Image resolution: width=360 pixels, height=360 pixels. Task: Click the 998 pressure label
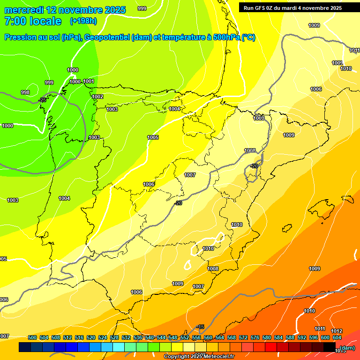pyautogui.click(x=25, y=92)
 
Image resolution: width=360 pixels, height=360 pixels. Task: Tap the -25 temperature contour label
pyautogui.click(x=43, y=100)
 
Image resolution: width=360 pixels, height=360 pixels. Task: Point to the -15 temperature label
pyautogui.click(x=200, y=327)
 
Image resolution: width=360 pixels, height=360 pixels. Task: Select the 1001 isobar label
pyautogui.click(x=89, y=81)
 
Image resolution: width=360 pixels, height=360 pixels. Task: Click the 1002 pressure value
pyautogui.click(x=97, y=97)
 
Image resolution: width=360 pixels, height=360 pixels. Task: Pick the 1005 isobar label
pyautogui.click(x=153, y=137)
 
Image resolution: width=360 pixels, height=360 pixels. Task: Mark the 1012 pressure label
pyautogui.click(x=337, y=331)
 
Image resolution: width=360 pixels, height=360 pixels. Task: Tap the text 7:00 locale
pyautogui.click(x=33, y=21)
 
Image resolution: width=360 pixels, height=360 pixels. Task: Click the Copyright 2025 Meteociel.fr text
pyautogui.click(x=199, y=357)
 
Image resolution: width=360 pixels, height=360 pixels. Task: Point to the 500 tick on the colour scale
pyautogui.click(x=32, y=337)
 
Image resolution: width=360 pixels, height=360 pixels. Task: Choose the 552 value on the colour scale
pyautogui.click(x=185, y=337)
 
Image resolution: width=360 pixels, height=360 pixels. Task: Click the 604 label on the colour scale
pyautogui.click(x=337, y=337)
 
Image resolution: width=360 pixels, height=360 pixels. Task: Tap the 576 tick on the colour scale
pyautogui.click(x=255, y=337)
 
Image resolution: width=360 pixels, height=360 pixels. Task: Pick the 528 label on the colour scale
pyautogui.click(x=114, y=337)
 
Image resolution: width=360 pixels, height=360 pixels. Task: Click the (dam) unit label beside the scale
pyautogui.click(x=347, y=348)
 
